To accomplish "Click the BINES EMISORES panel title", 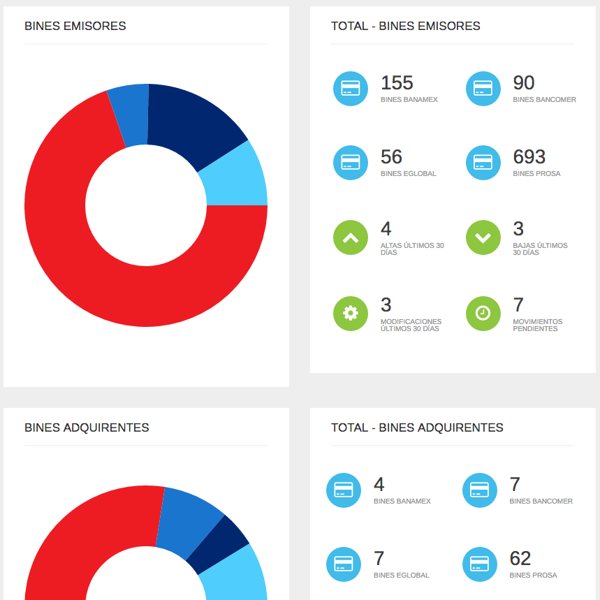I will pos(75,27).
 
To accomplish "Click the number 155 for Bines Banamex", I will pos(397,83).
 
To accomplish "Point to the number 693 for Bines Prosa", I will pos(529,157).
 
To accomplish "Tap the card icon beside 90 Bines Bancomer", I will pos(483,89).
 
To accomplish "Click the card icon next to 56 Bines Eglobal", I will pos(351,163).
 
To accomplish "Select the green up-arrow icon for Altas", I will pos(351,237).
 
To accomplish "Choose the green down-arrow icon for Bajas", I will pos(483,237).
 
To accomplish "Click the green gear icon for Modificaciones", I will pos(351,313).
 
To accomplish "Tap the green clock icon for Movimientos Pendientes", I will pos(483,313).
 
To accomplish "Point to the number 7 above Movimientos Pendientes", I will pos(518,305).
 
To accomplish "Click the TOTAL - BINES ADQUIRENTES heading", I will pos(417,427).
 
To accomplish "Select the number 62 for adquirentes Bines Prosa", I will pos(520,559).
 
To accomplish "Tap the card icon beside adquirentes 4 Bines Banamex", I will pos(344,490).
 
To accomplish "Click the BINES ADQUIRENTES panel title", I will pos(87,427).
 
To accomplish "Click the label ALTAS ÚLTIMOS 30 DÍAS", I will pos(412,249).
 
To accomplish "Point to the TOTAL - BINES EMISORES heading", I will pos(406,27).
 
